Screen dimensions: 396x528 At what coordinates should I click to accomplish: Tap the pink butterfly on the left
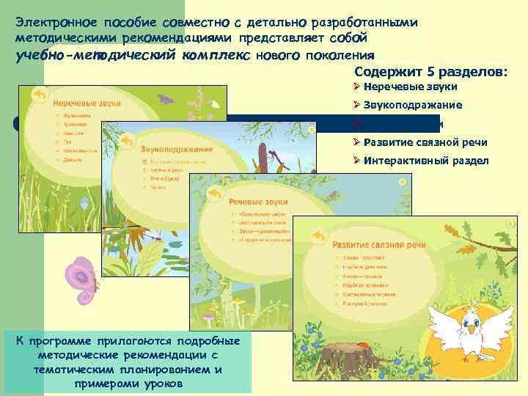[82, 279]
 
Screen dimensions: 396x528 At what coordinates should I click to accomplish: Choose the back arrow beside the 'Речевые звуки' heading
[214, 191]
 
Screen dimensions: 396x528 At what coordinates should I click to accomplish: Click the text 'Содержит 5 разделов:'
[431, 72]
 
